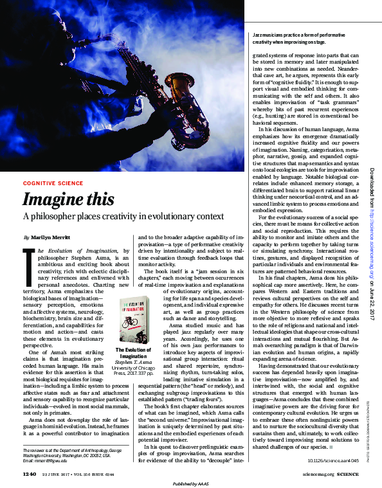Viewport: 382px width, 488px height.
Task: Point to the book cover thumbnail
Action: click(137, 318)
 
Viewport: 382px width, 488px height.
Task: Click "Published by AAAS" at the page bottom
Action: click(191, 483)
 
